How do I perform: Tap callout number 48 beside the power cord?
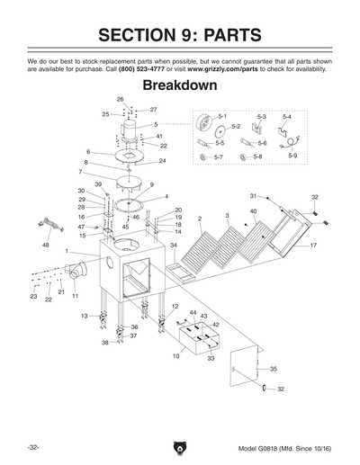[x=46, y=245]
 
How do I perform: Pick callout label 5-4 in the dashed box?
[x=286, y=117]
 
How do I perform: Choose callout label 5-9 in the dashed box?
[x=292, y=156]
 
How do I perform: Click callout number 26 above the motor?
[x=121, y=98]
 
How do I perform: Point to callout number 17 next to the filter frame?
[x=313, y=245]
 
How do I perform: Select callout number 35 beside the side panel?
[x=274, y=369]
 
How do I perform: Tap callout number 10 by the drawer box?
[x=176, y=356]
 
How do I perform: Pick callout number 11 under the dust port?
[x=76, y=295]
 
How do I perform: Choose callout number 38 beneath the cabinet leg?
[x=104, y=343]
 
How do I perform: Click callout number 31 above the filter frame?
[x=254, y=195]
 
